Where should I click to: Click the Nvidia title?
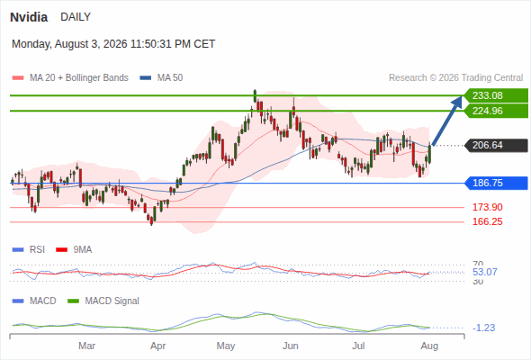point(29,17)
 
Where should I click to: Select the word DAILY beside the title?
point(76,17)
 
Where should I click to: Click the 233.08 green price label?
point(496,95)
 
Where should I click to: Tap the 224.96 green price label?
point(496,111)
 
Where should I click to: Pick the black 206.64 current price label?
point(496,145)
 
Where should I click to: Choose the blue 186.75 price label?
point(496,184)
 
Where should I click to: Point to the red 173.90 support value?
point(487,207)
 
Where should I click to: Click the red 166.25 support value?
point(487,221)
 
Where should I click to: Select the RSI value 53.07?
point(484,272)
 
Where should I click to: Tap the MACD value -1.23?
point(483,328)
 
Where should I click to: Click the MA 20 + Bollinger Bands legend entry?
point(70,78)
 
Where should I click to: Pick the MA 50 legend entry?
point(161,78)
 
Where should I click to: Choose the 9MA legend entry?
point(74,250)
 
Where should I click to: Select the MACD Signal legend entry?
point(103,301)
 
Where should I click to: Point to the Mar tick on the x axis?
point(86,346)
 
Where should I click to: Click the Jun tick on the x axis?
point(291,346)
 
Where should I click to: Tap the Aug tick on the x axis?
point(429,346)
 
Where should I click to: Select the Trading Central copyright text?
point(455,78)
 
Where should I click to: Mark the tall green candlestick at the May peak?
point(255,95)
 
